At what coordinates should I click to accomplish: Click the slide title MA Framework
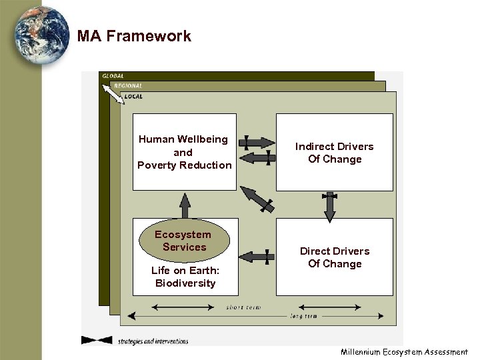click(134, 37)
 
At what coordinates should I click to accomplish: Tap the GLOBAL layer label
click(113, 77)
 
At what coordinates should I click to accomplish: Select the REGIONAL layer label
click(128, 86)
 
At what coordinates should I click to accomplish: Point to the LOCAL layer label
click(133, 97)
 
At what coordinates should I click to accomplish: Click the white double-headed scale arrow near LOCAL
click(113, 95)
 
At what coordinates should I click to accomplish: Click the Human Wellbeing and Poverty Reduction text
click(184, 152)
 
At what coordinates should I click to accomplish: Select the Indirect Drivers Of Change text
click(335, 153)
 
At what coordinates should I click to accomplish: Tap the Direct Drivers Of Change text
click(335, 257)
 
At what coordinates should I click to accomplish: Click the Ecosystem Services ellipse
click(183, 241)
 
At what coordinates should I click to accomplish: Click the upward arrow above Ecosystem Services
click(185, 205)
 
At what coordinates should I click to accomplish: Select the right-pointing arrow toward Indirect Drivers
click(257, 142)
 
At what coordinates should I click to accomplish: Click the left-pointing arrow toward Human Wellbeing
click(257, 158)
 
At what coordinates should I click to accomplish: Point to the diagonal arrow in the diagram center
click(257, 199)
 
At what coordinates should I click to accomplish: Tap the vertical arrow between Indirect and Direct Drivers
click(329, 207)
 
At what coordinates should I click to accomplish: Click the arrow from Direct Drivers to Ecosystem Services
click(257, 256)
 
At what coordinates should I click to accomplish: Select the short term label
click(243, 308)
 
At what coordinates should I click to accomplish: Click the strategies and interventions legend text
click(153, 341)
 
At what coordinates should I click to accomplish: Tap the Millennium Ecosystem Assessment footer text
click(404, 352)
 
